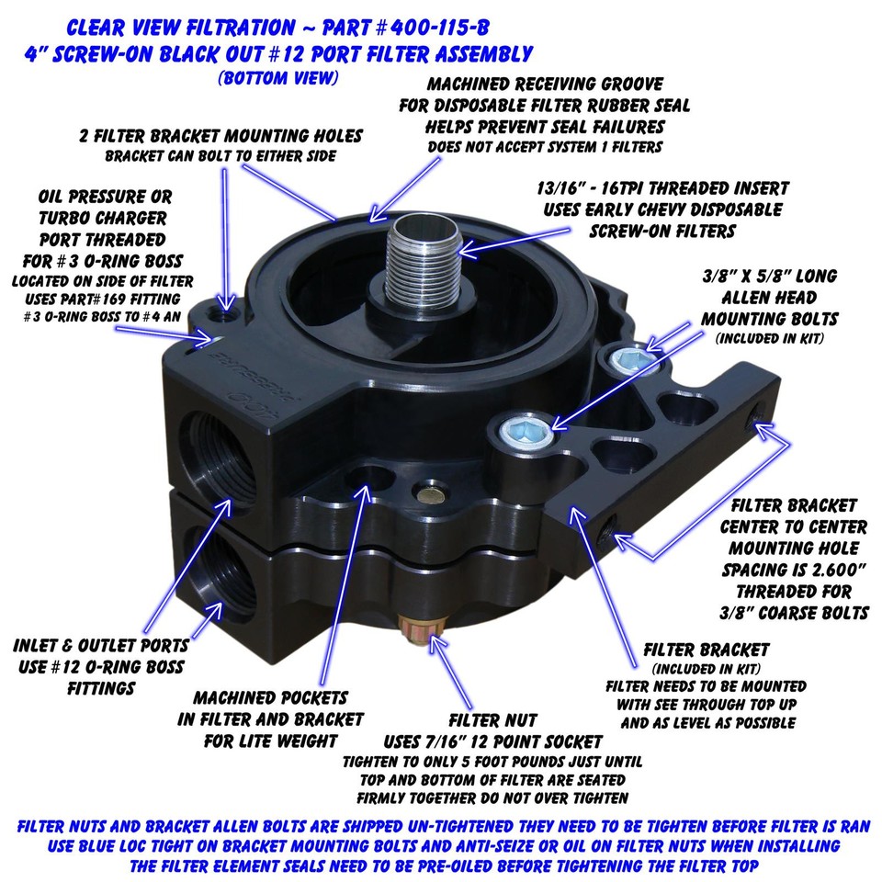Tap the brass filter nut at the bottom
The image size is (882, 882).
click(x=424, y=634)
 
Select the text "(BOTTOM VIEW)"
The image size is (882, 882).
click(x=277, y=78)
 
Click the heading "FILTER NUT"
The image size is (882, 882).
click(x=492, y=720)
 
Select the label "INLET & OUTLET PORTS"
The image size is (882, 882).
click(x=101, y=645)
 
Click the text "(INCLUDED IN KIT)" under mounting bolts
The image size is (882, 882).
click(x=767, y=338)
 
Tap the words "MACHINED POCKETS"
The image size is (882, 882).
click(x=270, y=698)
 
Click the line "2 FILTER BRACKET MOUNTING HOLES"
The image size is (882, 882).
click(x=220, y=136)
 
